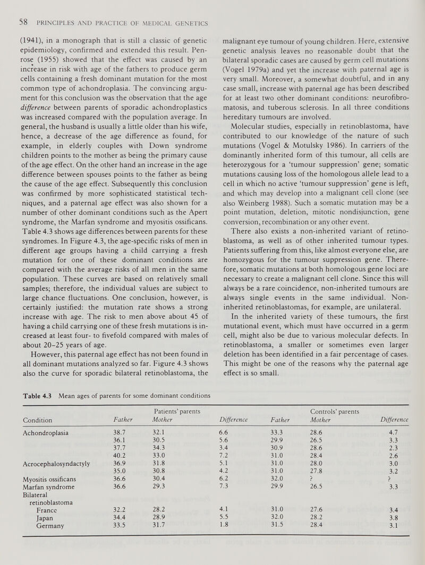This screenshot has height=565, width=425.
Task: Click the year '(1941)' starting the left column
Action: point(27,39)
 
